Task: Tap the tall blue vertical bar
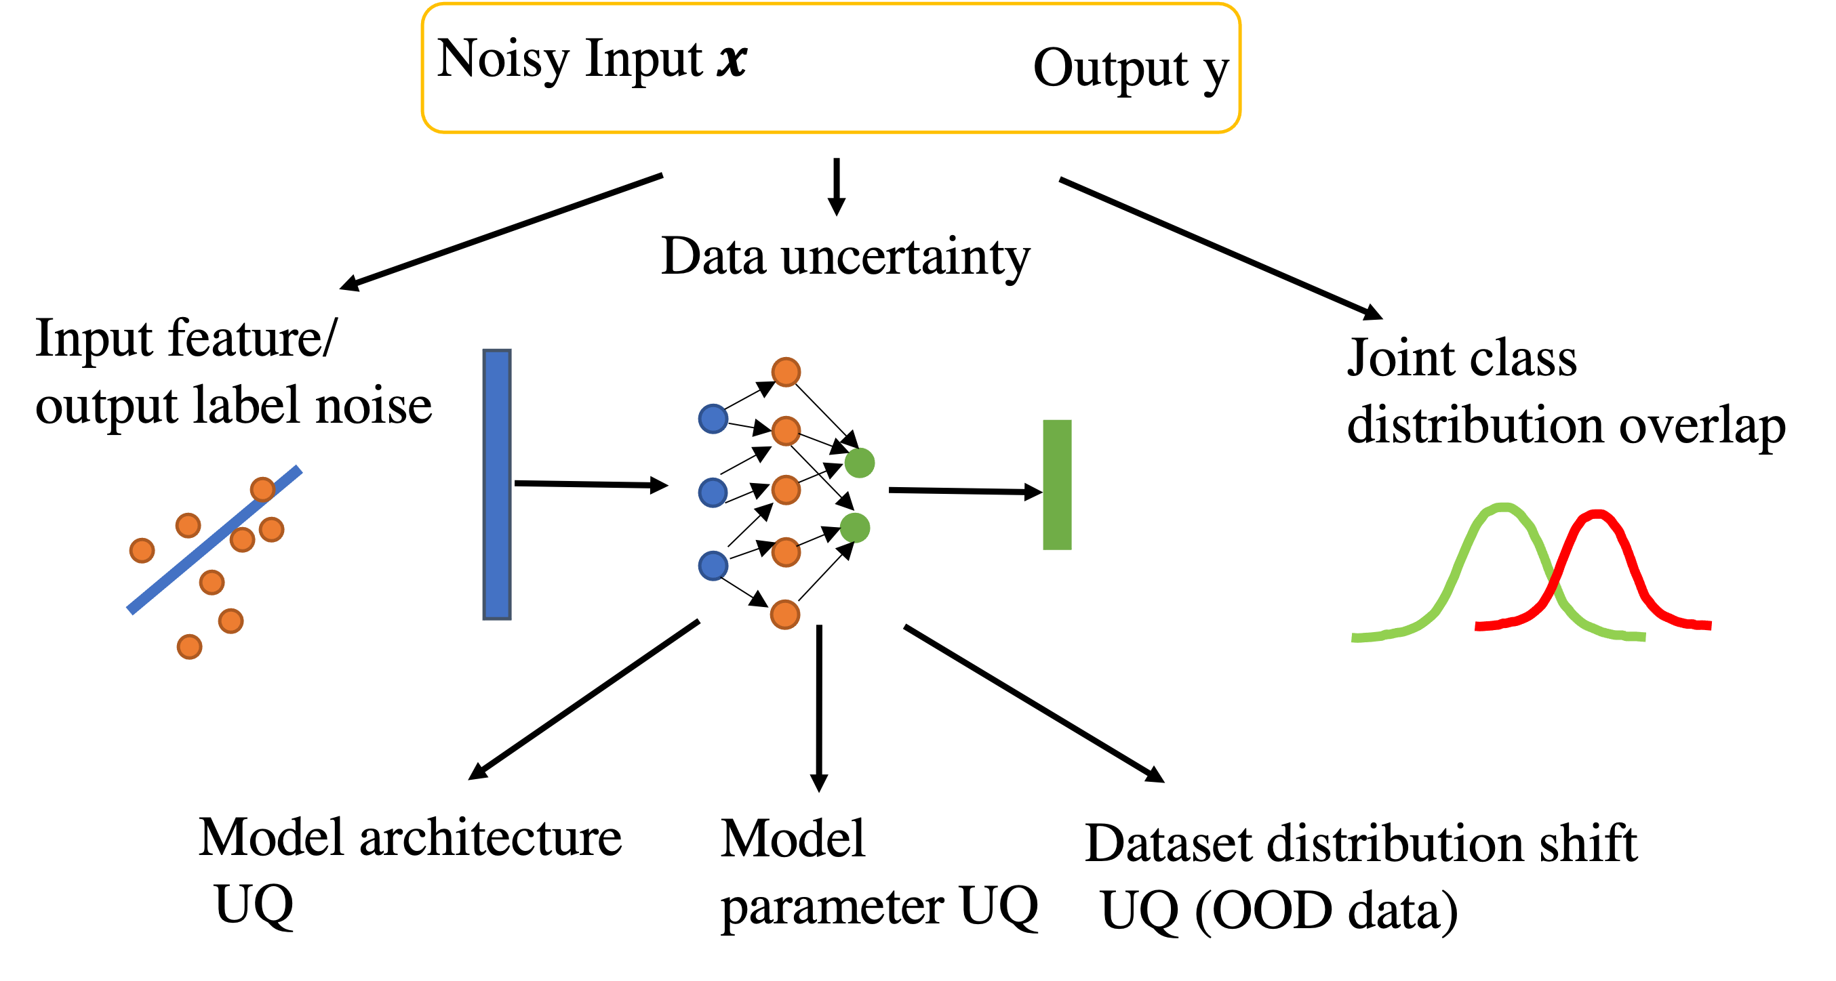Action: tap(497, 484)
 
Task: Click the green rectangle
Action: tap(1057, 484)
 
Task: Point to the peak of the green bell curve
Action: tap(1503, 507)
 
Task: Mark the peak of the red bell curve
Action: tap(1597, 513)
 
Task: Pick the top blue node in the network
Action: tap(713, 418)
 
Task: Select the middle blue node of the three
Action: tap(713, 493)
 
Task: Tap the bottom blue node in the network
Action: tap(713, 566)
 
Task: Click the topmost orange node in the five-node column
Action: tap(785, 372)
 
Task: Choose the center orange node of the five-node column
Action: tap(785, 490)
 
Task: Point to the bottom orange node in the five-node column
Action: tap(784, 614)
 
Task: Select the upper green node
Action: tap(860, 463)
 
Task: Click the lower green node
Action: tap(854, 528)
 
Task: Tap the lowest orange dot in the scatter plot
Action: tap(190, 647)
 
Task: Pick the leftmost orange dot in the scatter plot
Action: tap(142, 550)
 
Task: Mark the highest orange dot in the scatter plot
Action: tap(262, 489)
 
